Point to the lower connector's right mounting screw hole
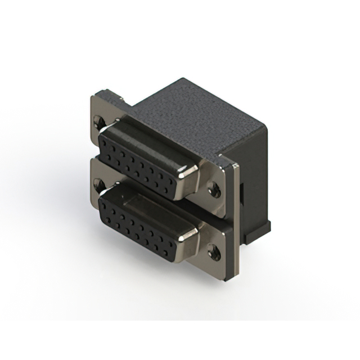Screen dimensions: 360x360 tap(214, 251)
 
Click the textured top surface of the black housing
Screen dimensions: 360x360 tap(191, 112)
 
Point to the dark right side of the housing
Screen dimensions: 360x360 tap(253, 180)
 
